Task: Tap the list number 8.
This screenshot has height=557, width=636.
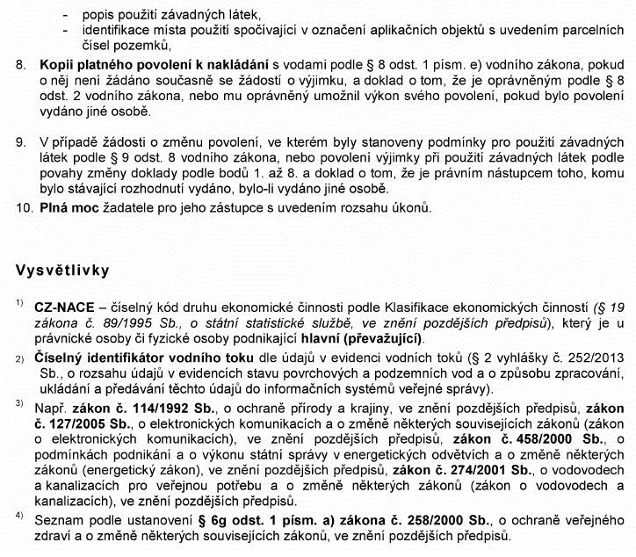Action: [22, 65]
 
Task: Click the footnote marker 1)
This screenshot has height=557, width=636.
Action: [18, 304]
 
